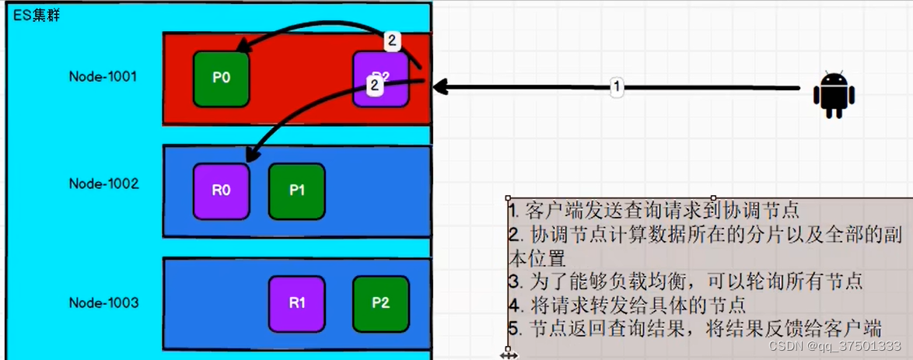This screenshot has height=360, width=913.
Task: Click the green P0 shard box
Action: point(221,79)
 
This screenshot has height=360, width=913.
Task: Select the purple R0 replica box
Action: point(221,190)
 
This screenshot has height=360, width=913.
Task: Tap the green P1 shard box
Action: point(296,190)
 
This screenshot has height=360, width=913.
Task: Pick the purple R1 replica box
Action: point(296,303)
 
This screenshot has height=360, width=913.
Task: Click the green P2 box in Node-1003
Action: point(380,303)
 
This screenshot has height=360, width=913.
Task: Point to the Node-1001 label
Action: point(103,77)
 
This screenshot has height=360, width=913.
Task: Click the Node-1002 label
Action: point(103,184)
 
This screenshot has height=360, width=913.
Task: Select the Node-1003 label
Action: point(103,302)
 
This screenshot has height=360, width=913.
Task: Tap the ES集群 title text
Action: point(36,16)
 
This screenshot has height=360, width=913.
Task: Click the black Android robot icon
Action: point(834,95)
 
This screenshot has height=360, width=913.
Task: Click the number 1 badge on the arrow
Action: point(617,87)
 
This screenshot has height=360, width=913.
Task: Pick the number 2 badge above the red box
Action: point(394,40)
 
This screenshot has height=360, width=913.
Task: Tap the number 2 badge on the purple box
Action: point(374,86)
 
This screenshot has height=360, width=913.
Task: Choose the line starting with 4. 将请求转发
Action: point(626,304)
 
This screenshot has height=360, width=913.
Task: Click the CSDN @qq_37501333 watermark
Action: point(834,346)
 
